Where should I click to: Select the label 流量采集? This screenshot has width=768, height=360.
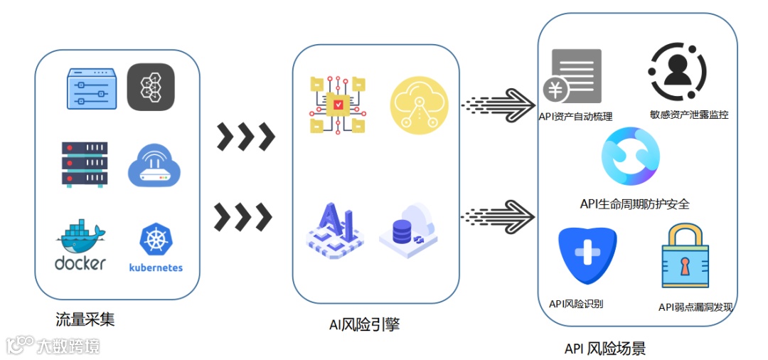tap(85, 319)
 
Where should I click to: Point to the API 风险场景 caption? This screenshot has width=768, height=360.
tap(605, 349)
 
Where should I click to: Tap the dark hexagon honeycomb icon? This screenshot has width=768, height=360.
tap(151, 87)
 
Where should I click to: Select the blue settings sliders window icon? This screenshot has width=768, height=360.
tap(90, 88)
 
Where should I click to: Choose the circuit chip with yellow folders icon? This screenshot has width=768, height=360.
tap(337, 105)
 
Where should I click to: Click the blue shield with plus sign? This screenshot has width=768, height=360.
tap(587, 255)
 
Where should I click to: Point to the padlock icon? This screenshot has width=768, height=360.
tap(684, 258)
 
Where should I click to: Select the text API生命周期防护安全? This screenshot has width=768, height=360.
tap(634, 204)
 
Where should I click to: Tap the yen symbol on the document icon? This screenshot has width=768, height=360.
tap(554, 90)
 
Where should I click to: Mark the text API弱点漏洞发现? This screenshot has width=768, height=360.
tap(695, 307)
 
